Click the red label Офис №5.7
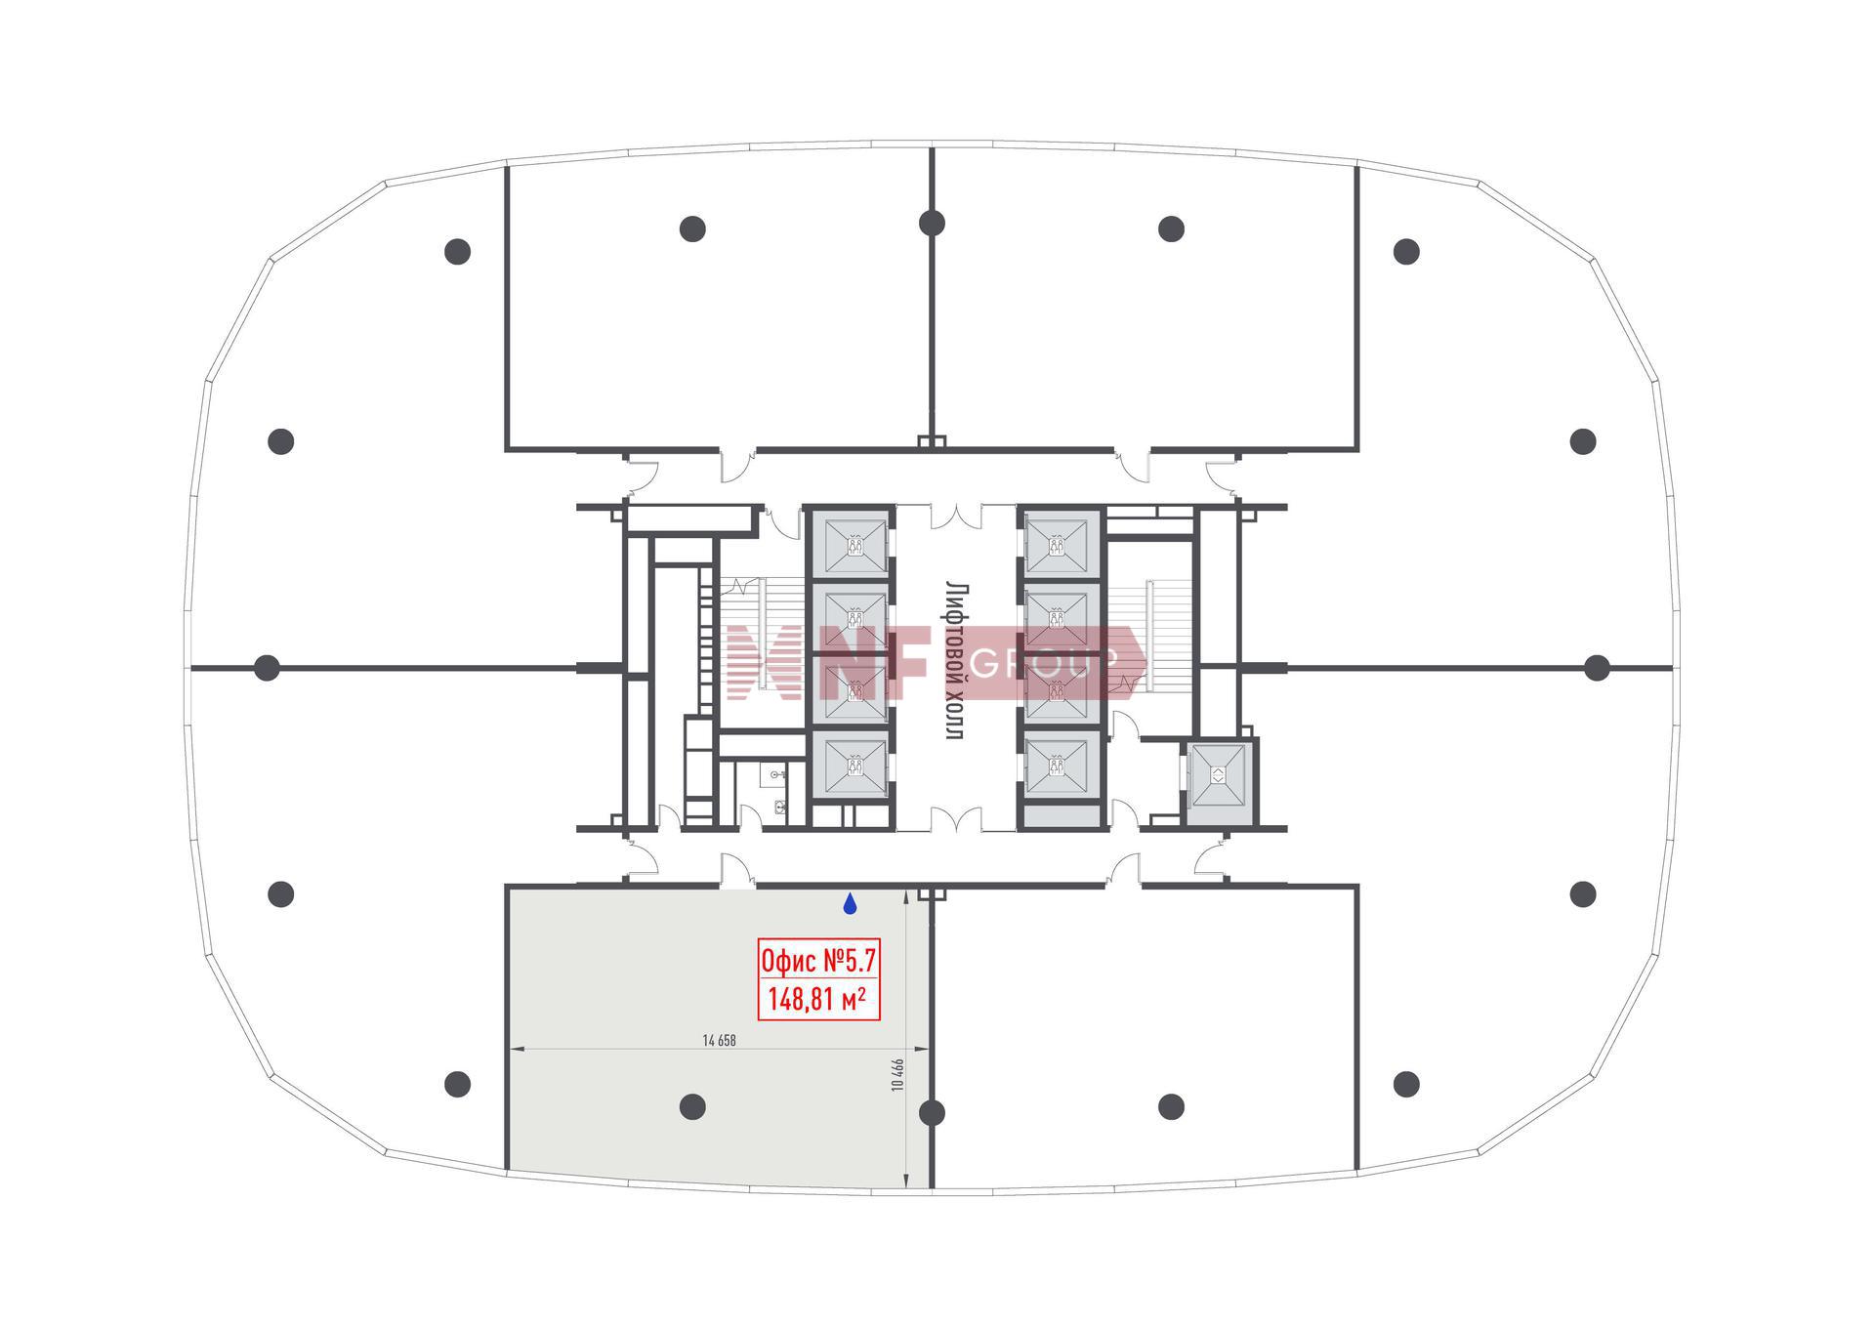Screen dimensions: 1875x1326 (819, 962)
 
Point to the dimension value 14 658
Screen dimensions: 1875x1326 (719, 1041)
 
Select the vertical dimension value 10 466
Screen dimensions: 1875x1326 (897, 1074)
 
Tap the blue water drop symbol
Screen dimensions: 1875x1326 (851, 904)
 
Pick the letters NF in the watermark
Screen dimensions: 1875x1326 (874, 663)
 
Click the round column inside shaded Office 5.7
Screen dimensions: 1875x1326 (692, 1106)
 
